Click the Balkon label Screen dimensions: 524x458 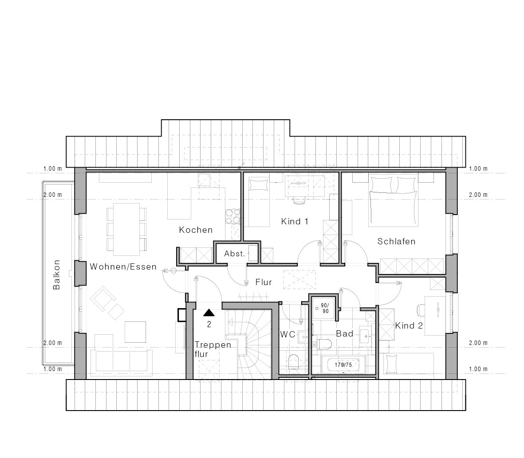(x=57, y=275)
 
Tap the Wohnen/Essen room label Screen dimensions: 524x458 (x=123, y=267)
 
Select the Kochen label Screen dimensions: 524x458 (x=196, y=230)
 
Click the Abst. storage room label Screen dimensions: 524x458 (x=235, y=254)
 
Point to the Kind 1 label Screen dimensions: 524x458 (x=295, y=221)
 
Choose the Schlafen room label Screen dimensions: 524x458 (x=396, y=241)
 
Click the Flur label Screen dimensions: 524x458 (x=264, y=282)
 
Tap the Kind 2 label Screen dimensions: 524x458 (x=409, y=325)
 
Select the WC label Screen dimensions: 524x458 (x=288, y=334)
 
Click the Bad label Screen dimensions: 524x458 (x=345, y=333)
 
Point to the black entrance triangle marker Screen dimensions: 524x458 (x=209, y=313)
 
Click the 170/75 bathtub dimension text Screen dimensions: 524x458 (x=343, y=365)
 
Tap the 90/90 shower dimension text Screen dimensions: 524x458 (x=325, y=308)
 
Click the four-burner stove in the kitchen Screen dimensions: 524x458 (x=233, y=217)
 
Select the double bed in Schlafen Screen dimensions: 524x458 (x=394, y=199)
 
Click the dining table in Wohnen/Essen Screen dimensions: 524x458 (x=126, y=228)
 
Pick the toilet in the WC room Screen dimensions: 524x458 (x=294, y=361)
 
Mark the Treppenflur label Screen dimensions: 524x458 (x=213, y=349)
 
